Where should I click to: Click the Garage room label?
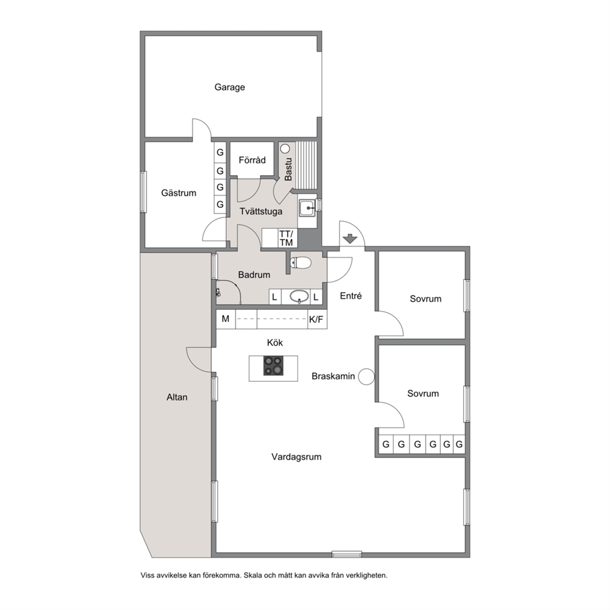point(229,87)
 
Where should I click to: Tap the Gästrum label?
point(178,193)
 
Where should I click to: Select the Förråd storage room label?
point(252,160)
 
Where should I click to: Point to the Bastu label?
point(288,169)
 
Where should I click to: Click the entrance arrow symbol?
point(351,239)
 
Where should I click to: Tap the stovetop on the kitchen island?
point(274,366)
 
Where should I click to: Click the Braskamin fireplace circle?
point(366,376)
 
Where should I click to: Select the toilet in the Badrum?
point(300,263)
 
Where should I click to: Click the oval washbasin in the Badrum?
point(299,297)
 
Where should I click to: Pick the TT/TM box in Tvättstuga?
point(286,238)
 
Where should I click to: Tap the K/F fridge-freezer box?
point(316,319)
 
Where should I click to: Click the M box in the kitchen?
point(226,319)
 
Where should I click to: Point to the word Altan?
point(177,397)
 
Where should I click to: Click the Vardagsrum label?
point(296,457)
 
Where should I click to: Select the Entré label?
point(351,296)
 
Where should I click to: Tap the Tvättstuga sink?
point(307,208)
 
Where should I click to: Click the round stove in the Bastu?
point(285,148)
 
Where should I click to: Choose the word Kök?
point(275,343)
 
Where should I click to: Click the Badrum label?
point(254,275)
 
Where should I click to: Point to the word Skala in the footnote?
point(253,576)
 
